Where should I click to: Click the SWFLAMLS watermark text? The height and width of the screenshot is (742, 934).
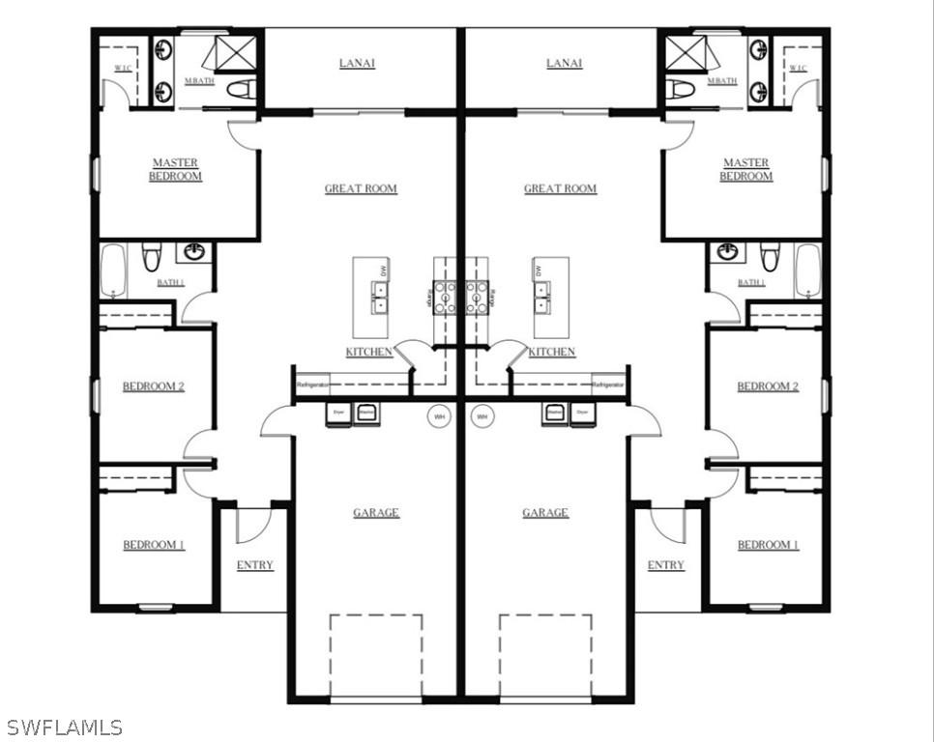[64, 727]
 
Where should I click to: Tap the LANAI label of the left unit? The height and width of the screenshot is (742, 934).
[357, 64]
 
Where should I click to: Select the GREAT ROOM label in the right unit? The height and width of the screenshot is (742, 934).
[560, 189]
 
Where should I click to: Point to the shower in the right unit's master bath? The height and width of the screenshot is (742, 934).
[686, 52]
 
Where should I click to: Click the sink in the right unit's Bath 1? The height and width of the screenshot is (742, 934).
[727, 253]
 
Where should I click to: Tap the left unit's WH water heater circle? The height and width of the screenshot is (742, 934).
[440, 416]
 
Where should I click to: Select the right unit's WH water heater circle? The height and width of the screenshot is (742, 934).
[482, 416]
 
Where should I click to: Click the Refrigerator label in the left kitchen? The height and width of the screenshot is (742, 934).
[313, 385]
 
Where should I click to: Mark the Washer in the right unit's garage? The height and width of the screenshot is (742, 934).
[555, 413]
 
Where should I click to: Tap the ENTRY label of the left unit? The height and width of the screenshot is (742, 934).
[255, 565]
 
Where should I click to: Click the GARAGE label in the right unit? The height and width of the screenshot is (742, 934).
[545, 513]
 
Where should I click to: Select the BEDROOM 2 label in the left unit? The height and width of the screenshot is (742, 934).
[153, 386]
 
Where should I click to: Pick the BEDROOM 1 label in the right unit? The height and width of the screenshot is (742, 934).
[768, 545]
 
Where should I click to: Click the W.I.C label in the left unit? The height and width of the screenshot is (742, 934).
[123, 68]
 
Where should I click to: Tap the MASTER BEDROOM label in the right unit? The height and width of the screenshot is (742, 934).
[745, 170]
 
